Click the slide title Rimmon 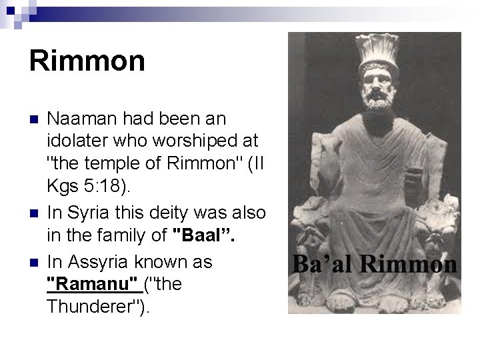[87, 61]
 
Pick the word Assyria [93, 262]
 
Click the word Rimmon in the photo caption [408, 264]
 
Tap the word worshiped [160, 142]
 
